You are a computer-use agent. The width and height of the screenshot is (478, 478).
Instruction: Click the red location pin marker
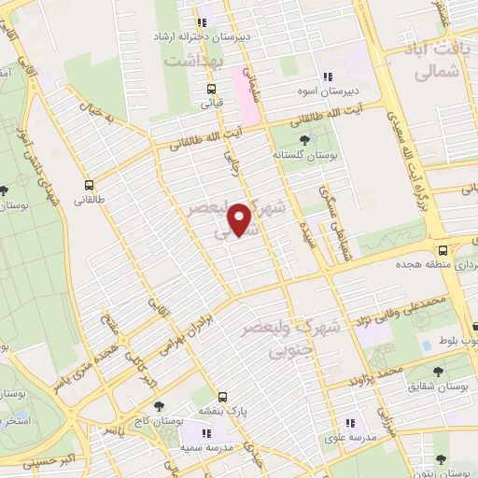(241, 219)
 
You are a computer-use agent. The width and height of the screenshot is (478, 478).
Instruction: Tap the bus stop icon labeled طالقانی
(90, 184)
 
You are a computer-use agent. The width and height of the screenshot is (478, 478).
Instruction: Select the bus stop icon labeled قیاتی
(213, 91)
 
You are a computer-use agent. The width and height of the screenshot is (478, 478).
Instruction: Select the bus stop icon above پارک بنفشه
(222, 396)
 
